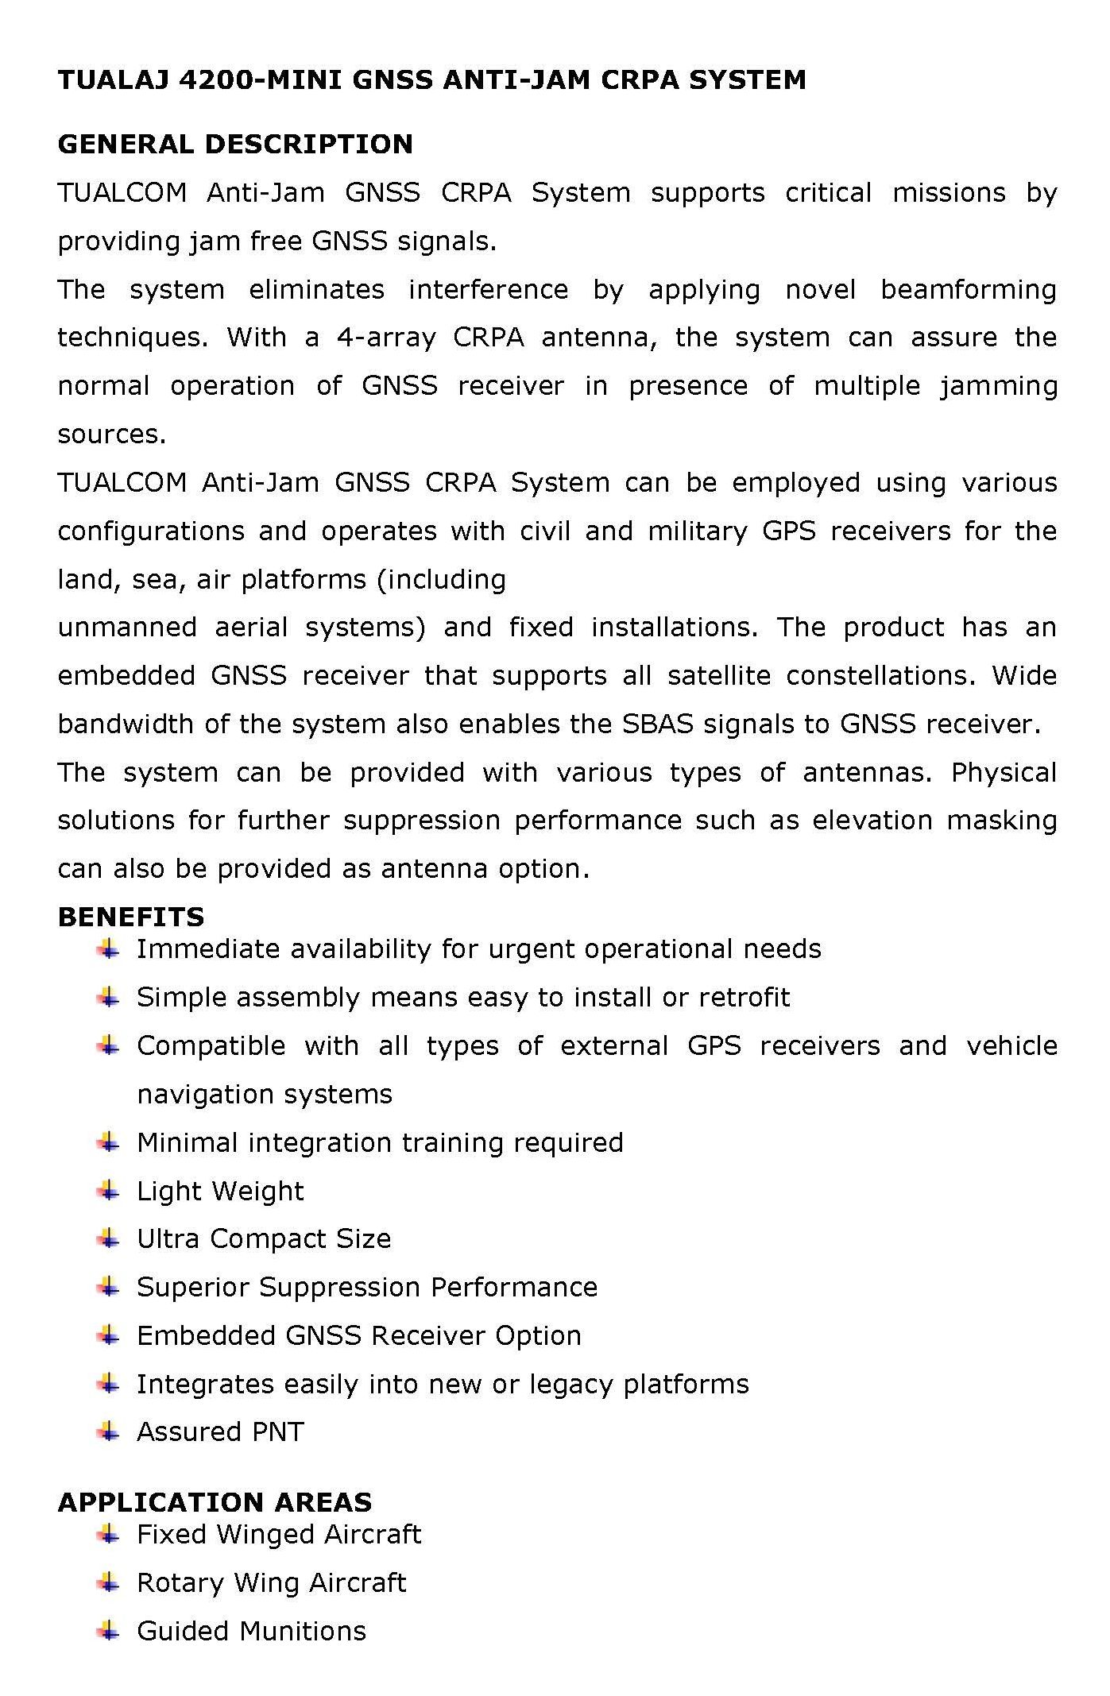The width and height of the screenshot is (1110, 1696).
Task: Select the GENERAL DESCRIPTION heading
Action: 235,145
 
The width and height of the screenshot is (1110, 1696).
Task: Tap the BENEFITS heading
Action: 131,918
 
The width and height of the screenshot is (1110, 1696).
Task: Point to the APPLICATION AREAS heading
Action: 215,1502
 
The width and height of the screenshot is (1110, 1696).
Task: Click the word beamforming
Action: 968,290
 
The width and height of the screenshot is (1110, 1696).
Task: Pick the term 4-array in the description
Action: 386,338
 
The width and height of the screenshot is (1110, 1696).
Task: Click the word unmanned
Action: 127,628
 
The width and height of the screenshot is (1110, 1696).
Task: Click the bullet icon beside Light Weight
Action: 108,1190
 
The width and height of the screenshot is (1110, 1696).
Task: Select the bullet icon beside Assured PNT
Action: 108,1431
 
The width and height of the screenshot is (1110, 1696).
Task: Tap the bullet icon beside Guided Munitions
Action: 108,1631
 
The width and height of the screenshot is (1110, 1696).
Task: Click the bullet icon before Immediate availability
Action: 108,948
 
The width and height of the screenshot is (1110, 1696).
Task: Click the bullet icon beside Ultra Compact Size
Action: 108,1238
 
